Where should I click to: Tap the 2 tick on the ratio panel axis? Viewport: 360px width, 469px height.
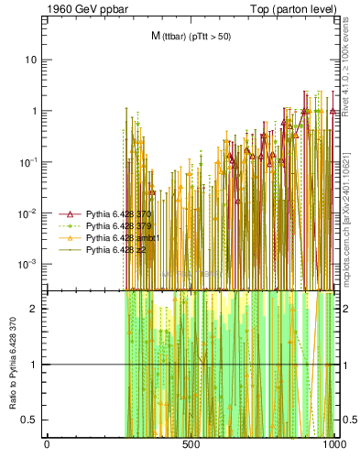[35, 309]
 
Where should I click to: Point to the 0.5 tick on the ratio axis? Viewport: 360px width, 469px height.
[31, 420]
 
